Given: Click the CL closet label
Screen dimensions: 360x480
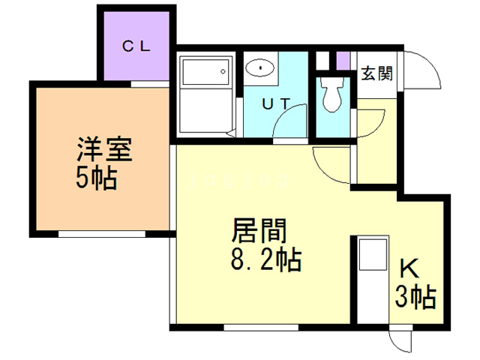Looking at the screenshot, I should point(137,44).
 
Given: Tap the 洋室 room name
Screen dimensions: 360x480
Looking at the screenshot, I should point(103,150).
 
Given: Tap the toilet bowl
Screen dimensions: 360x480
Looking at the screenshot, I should point(331,94).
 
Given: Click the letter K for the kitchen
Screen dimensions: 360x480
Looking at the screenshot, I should point(408,268).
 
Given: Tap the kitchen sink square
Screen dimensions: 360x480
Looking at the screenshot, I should point(371,255).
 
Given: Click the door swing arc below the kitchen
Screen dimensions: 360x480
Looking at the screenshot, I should point(402,340).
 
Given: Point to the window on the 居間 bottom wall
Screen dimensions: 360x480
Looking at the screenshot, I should point(254,327).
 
